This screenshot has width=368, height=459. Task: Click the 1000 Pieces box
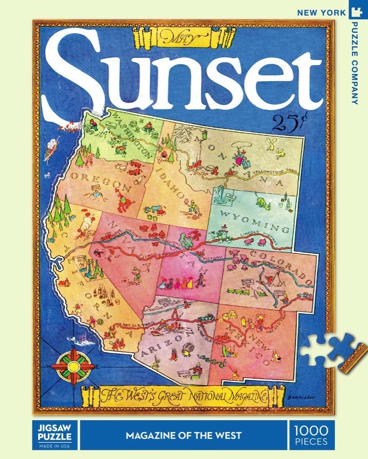coord(311,435)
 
